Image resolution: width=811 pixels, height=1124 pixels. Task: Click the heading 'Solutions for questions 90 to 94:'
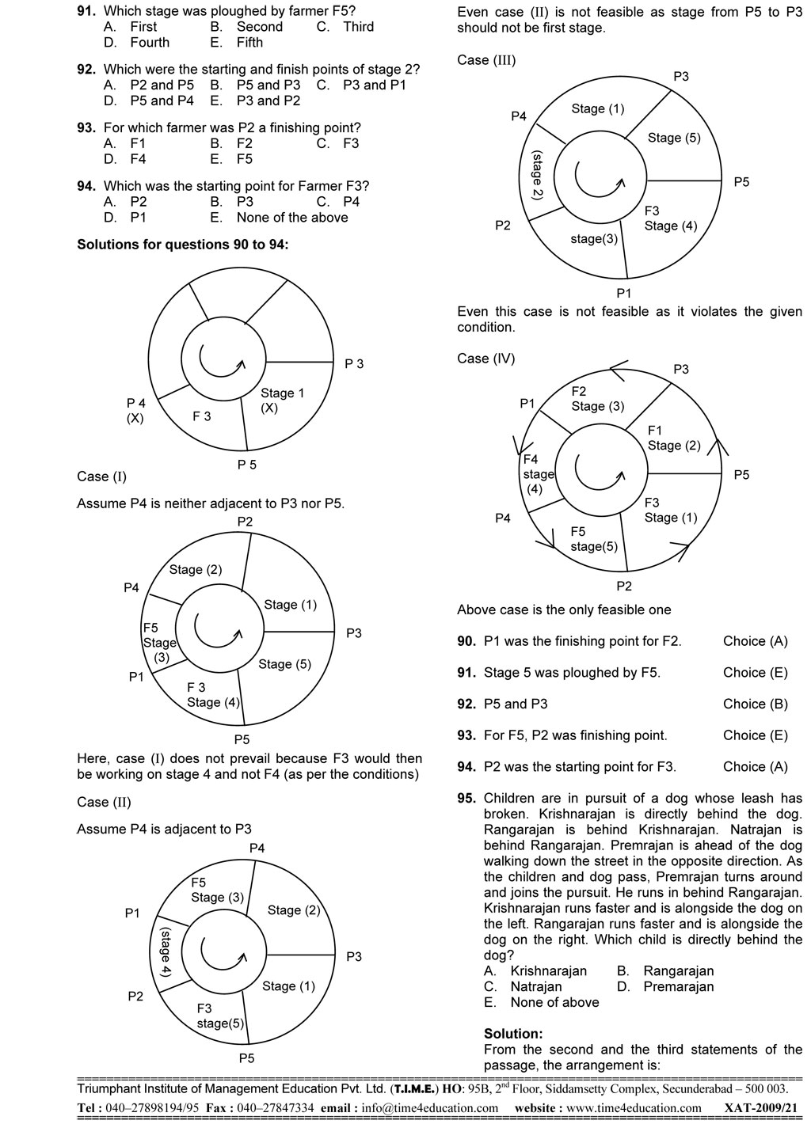[x=182, y=245]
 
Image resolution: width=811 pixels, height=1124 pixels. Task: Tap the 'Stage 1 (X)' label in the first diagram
[x=282, y=401]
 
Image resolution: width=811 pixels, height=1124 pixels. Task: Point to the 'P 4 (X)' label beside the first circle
[x=135, y=411]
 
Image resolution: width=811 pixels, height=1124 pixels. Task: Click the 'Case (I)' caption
[x=101, y=477]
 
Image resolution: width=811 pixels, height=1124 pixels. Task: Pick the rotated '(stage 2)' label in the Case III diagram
[x=537, y=175]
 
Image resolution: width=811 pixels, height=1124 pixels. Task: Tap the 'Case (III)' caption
[x=486, y=60]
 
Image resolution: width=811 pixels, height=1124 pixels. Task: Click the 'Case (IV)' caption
[x=485, y=359]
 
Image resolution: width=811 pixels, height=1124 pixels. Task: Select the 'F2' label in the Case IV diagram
[x=579, y=391]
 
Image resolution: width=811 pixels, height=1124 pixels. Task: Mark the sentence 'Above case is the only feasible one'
[x=564, y=610]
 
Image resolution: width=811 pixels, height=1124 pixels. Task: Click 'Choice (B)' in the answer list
[x=755, y=704]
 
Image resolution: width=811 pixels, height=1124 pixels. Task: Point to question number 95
[x=466, y=798]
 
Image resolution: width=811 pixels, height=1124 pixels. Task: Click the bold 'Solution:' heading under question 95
[x=513, y=1034]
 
